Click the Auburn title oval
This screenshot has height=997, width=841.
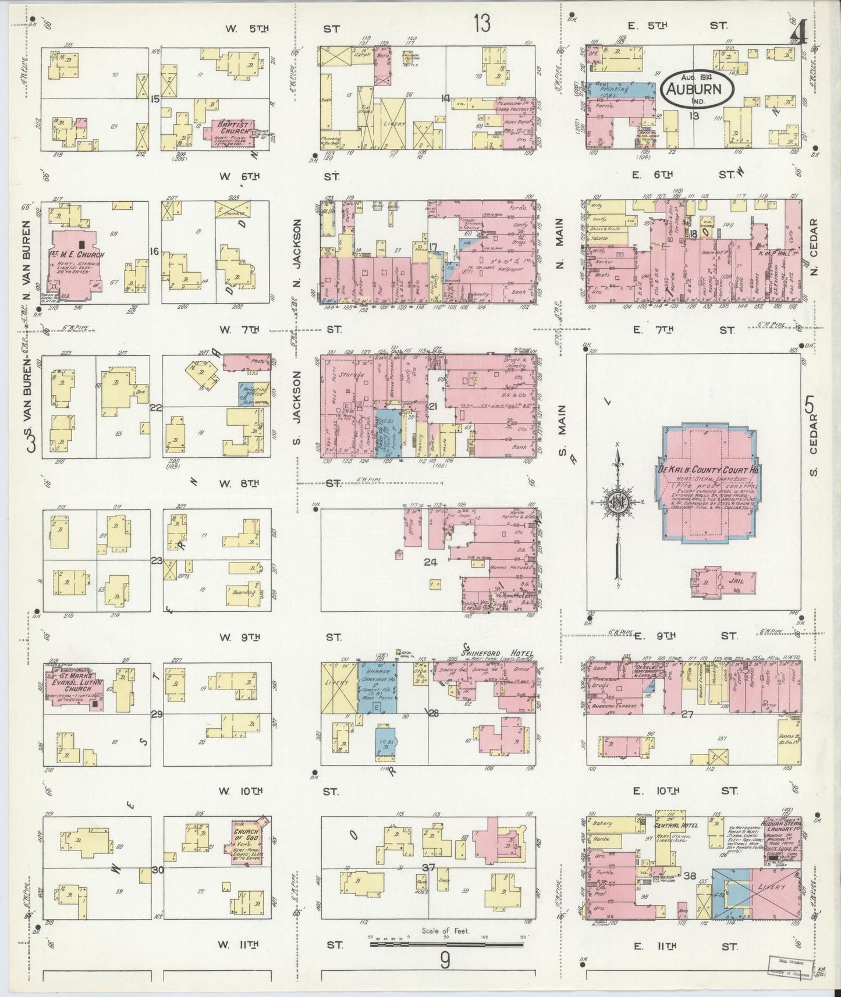pyautogui.click(x=698, y=89)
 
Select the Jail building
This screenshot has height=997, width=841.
pyautogui.click(x=723, y=580)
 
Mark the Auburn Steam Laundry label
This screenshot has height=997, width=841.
pyautogui.click(x=783, y=828)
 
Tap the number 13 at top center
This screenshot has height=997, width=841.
pyautogui.click(x=481, y=24)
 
